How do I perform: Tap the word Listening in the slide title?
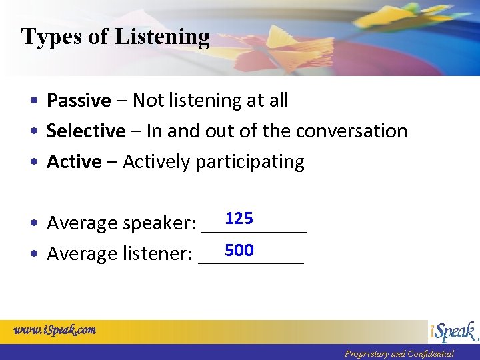tap(162, 37)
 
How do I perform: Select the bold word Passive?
tap(79, 101)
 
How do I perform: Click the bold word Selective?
tap(86, 131)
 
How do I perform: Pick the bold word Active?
tap(74, 162)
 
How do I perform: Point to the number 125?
tap(239, 219)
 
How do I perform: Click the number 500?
tap(239, 250)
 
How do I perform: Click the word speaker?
tap(159, 224)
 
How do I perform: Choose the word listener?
tap(157, 255)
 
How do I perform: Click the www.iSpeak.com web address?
tap(55, 329)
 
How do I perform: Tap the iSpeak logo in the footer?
tap(453, 331)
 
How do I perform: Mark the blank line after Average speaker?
tap(254, 231)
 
